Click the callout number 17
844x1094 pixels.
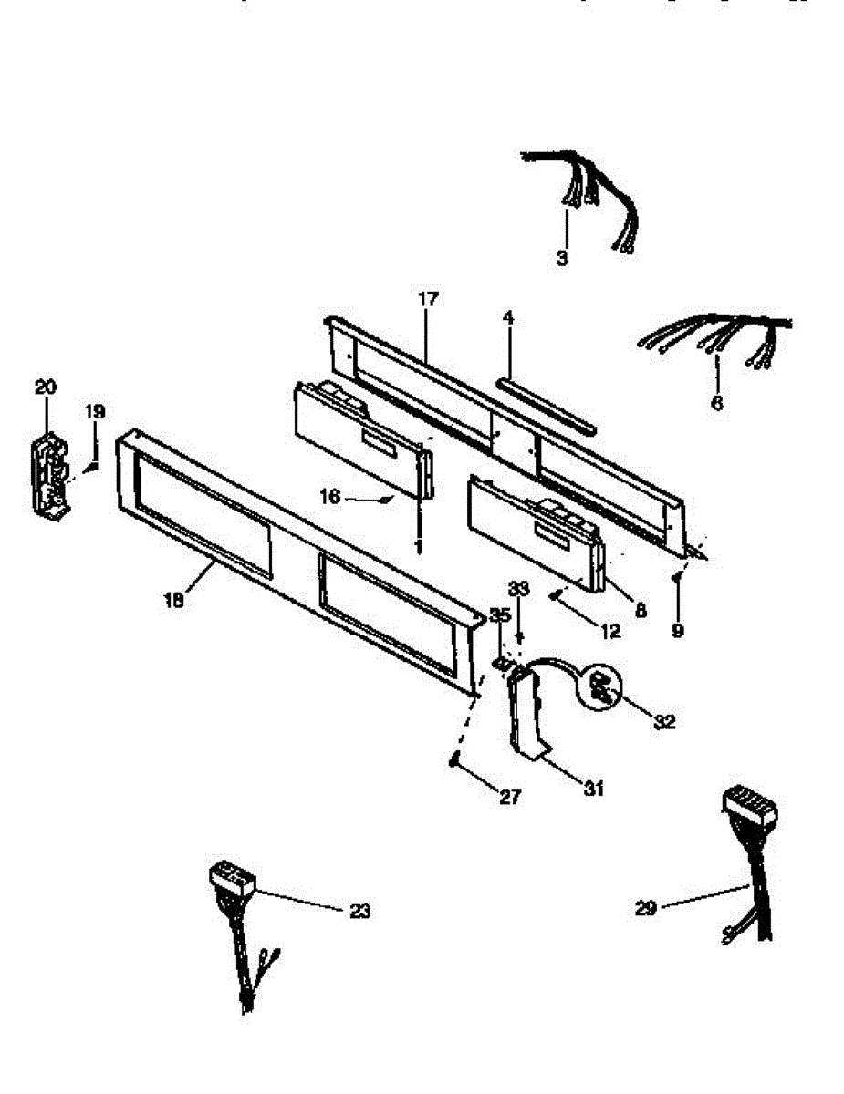pos(428,298)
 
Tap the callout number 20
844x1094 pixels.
pos(46,387)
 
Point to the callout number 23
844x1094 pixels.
pos(360,910)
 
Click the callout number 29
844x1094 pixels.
pos(646,908)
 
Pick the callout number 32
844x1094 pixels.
pos(664,721)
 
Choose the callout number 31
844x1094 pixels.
pos(594,790)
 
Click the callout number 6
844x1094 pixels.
pos(716,402)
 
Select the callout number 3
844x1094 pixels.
pos(562,258)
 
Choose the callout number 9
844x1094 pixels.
pos(677,629)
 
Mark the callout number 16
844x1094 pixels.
pos(329,497)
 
